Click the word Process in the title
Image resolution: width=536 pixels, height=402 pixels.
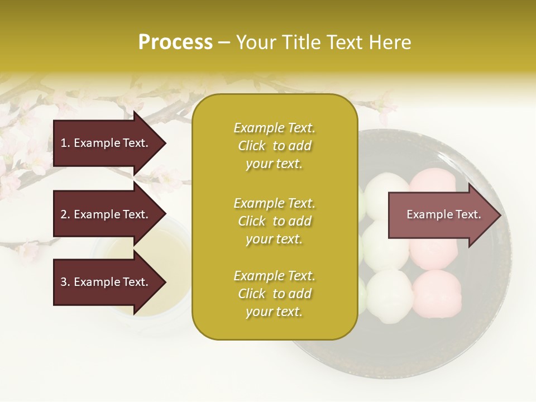click(175, 42)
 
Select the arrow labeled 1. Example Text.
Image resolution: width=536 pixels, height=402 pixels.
click(106, 143)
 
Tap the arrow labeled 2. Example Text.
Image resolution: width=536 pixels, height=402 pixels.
click(106, 214)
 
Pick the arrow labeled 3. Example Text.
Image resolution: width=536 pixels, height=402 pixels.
click(106, 282)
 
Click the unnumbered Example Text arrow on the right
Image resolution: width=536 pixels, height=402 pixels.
click(443, 215)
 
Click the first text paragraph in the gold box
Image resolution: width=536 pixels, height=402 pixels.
click(275, 146)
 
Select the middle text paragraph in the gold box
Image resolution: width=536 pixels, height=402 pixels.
click(275, 221)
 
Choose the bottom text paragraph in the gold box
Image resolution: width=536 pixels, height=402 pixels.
click(275, 294)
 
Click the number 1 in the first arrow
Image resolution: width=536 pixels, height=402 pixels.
click(64, 143)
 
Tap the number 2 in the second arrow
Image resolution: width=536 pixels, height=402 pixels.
click(64, 214)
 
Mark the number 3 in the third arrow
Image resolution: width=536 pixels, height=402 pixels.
click(64, 282)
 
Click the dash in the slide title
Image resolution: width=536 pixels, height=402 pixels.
click(224, 43)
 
